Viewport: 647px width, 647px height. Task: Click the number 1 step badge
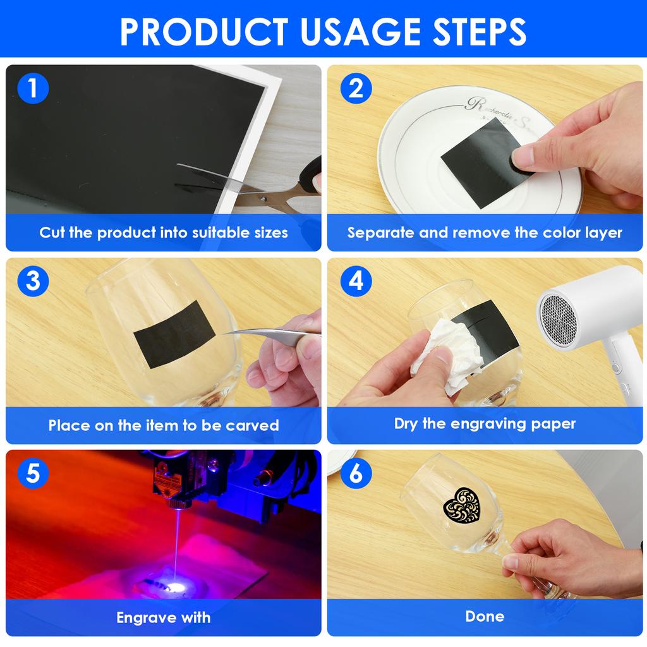tap(33, 88)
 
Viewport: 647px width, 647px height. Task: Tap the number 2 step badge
tap(356, 88)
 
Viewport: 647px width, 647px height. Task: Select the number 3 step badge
tap(33, 281)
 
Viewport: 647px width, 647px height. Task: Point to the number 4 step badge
tap(356, 281)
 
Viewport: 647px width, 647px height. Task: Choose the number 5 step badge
tap(33, 473)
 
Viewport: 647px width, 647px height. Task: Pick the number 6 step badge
tap(356, 473)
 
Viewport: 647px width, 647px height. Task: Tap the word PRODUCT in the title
tap(204, 32)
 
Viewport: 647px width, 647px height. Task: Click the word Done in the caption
tap(485, 616)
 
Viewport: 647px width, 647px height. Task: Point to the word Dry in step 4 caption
tap(406, 424)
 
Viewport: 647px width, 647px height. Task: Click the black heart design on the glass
tap(462, 505)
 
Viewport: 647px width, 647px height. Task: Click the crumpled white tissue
tap(448, 355)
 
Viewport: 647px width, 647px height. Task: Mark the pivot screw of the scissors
tap(263, 199)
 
